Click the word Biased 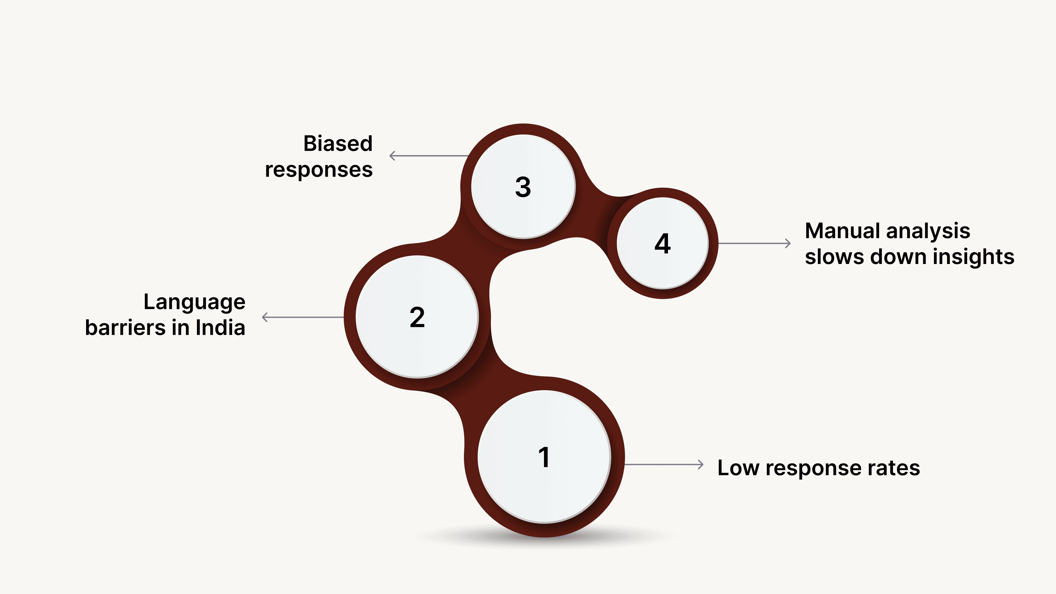coord(338,144)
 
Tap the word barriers coord(125,328)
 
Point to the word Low coord(738,468)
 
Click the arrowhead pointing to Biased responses coord(392,156)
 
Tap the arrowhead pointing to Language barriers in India coord(264,317)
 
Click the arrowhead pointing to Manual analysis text coord(788,243)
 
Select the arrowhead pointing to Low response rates coord(701,464)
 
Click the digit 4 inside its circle coord(662,243)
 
